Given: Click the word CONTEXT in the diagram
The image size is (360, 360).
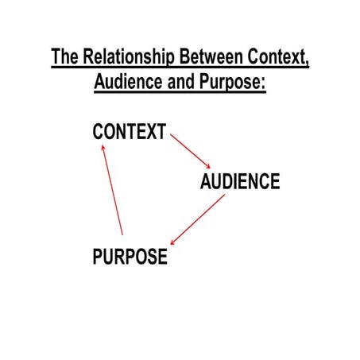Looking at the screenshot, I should tap(130, 133).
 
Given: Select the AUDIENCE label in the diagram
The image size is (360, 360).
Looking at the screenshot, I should tap(240, 182).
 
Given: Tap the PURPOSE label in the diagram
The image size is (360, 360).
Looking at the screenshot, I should tap(130, 257).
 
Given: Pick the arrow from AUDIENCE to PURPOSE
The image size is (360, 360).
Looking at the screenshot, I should tap(198, 219).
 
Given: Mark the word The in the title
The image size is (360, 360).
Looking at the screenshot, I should tap(65, 59).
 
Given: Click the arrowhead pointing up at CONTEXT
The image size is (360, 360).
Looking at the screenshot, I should tap(103, 146).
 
